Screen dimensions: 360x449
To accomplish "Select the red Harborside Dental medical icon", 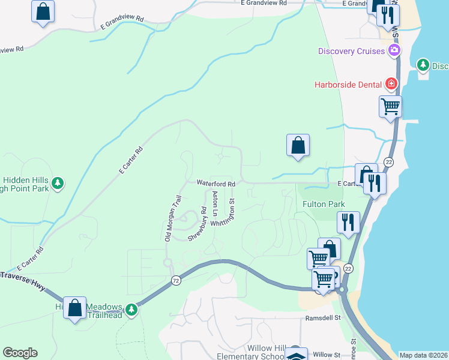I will tap(391, 83).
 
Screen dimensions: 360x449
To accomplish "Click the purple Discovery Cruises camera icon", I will tap(394, 51).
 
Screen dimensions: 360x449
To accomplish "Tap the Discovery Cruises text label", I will tap(351, 51).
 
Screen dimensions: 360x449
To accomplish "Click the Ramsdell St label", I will tap(322, 318).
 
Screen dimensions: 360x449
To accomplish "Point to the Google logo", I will tap(20, 353).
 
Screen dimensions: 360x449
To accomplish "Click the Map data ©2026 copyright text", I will tap(423, 355).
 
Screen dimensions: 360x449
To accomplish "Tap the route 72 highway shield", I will tap(175, 280).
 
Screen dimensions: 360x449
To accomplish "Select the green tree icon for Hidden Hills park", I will tap(57, 182).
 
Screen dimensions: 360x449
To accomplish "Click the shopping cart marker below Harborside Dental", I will tap(391, 107).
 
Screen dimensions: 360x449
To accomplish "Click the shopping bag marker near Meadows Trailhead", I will tap(75, 308).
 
